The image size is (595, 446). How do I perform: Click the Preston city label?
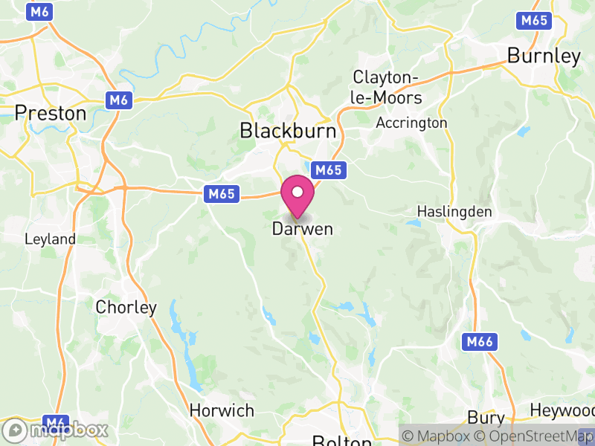click(51, 113)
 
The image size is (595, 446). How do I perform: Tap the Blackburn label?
click(288, 131)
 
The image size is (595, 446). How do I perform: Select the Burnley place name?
click(544, 56)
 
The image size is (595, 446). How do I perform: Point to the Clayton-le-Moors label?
click(387, 88)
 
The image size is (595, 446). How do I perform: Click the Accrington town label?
click(412, 123)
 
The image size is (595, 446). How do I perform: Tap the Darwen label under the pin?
click(302, 229)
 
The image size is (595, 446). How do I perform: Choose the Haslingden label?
click(454, 212)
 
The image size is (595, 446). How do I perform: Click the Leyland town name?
click(50, 239)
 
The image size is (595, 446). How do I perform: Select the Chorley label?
click(126, 307)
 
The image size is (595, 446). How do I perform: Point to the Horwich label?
click(222, 410)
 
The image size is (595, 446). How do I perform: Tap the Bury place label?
click(486, 417)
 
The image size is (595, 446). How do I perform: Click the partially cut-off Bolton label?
click(341, 440)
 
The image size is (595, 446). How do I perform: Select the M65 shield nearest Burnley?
click(535, 20)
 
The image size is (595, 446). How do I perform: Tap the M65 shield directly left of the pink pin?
click(222, 194)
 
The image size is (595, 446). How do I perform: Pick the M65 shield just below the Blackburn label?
click(328, 170)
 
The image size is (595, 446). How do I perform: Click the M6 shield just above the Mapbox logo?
click(57, 421)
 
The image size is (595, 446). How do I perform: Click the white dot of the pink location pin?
click(297, 192)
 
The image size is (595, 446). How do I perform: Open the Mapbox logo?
click(57, 430)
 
